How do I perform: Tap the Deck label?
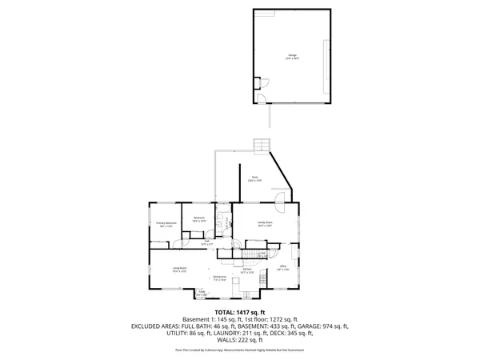tap(254, 179)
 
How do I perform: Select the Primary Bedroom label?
tap(166, 224)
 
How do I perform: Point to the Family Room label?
tap(266, 224)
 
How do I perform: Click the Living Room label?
tap(178, 270)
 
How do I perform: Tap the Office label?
tap(282, 268)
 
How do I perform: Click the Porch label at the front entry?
tap(201, 292)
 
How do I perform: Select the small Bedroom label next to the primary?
tap(199, 219)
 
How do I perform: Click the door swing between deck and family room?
tap(281, 200)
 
